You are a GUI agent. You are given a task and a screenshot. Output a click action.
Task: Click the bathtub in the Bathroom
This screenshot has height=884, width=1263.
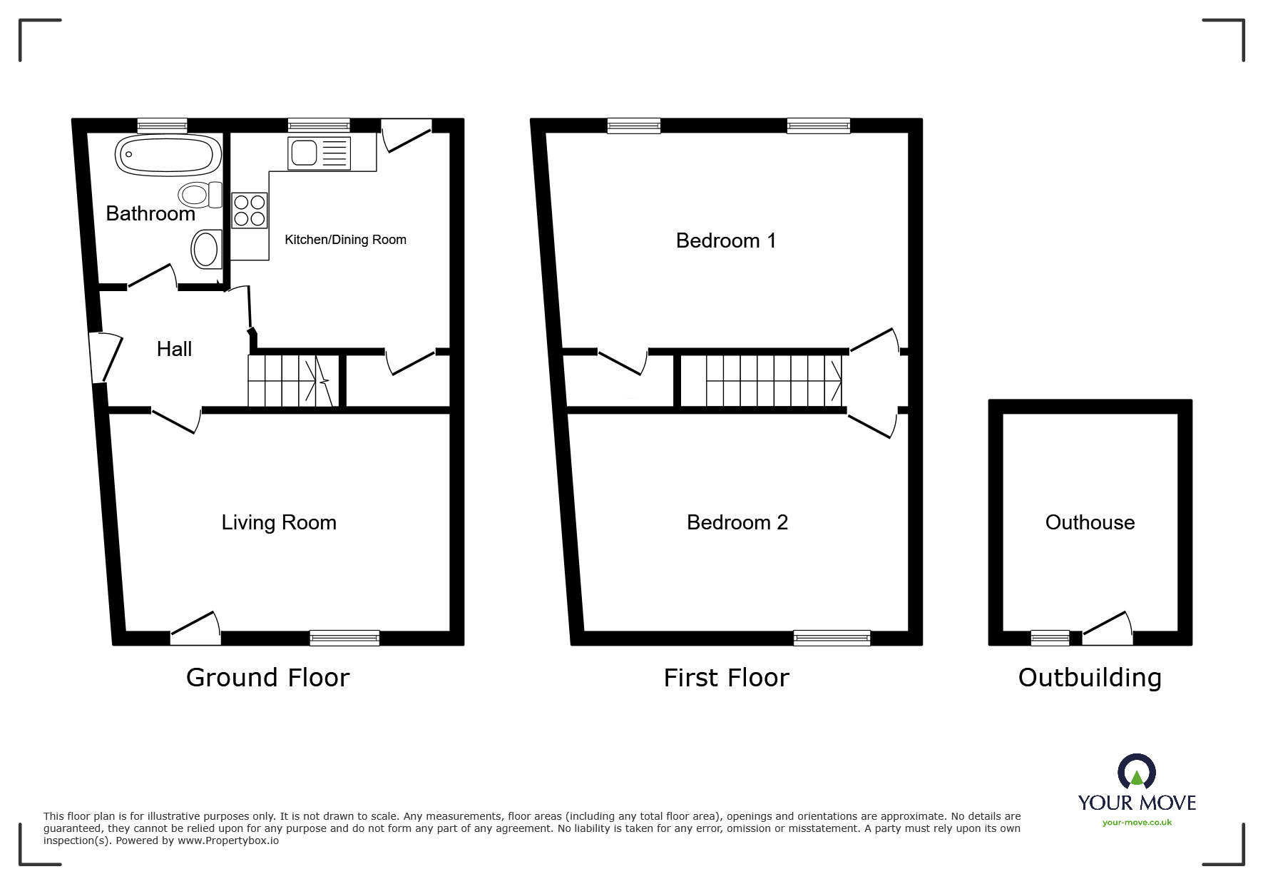[x=168, y=154]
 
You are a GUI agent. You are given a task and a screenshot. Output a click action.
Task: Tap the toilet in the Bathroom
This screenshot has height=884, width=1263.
[x=200, y=194]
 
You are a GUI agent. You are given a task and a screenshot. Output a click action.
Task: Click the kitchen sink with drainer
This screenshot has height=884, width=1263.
[x=319, y=153]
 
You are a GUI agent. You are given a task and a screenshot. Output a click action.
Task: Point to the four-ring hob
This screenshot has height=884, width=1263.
[x=250, y=210]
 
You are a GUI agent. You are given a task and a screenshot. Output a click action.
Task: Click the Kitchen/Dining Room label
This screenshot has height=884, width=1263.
[x=345, y=240]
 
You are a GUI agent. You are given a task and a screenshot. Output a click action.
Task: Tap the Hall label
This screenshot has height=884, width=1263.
[x=174, y=349]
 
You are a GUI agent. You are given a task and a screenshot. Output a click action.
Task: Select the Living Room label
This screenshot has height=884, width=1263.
[x=279, y=523]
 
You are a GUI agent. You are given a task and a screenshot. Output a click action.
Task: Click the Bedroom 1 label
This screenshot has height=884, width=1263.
[x=726, y=240]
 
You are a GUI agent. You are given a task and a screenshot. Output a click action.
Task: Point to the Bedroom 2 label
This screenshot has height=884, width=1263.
[x=737, y=522]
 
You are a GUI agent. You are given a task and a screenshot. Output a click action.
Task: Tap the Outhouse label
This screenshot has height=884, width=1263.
[x=1090, y=522]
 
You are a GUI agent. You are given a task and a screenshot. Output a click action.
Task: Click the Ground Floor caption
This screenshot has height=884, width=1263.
[x=267, y=677]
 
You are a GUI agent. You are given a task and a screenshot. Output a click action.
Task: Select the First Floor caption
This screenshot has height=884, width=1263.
[x=726, y=677]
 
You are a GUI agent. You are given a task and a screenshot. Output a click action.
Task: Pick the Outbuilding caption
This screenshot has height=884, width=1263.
[x=1090, y=677]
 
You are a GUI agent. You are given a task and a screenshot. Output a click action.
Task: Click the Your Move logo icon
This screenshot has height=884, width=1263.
[x=1137, y=772]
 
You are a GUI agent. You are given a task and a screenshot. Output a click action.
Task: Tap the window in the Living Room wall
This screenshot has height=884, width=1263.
[x=344, y=638]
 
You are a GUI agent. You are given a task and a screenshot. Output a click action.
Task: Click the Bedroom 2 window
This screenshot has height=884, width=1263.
[x=832, y=638]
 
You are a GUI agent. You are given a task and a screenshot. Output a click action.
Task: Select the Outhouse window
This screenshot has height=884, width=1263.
[x=1050, y=638]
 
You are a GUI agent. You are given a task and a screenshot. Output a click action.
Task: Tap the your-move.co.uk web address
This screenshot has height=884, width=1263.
[x=1137, y=823]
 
